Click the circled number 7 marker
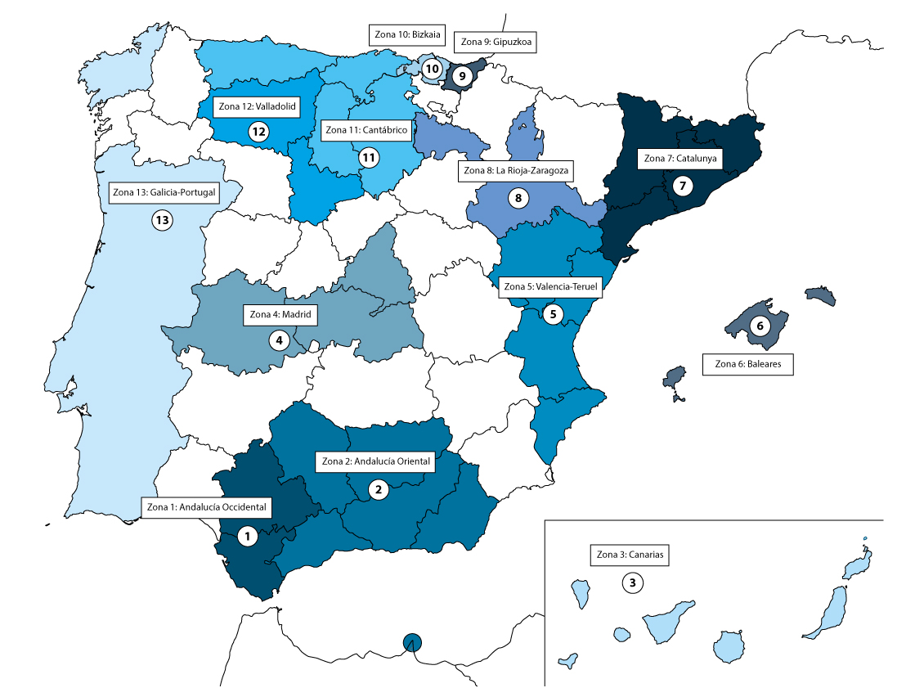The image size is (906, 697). coord(683,187)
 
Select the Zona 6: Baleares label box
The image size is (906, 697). coord(748,365)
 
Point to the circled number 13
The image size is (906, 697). coord(162,219)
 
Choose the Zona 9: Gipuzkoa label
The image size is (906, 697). coord(496,43)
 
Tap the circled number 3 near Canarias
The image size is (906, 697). coord(632,583)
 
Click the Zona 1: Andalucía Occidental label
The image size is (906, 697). coord(207,508)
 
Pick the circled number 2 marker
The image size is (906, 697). coord(378,490)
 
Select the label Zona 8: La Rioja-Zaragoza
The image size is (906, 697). coord(514,171)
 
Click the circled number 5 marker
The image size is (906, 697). coord(553,313)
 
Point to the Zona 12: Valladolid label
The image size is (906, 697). coord(256,106)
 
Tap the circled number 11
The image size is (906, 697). coord(368,155)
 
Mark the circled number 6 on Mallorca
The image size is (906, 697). coord(760,326)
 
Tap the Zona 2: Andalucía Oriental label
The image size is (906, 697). coord(375,461)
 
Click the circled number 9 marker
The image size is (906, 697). coord(462,76)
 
